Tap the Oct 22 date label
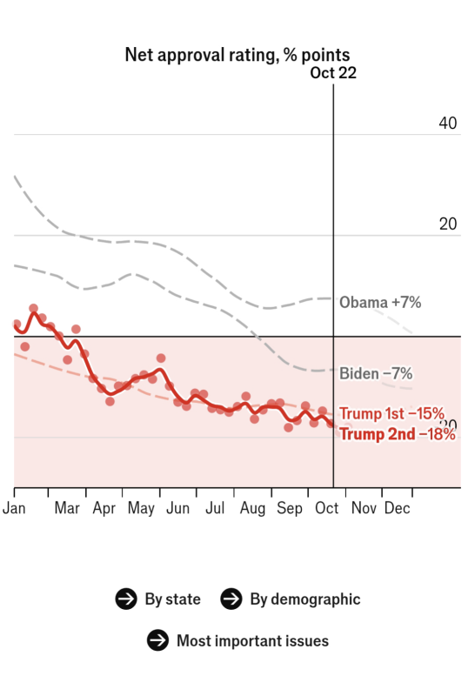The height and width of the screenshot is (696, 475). (333, 73)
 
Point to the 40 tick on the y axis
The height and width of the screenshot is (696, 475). (447, 123)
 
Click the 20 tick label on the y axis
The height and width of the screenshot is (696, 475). (447, 224)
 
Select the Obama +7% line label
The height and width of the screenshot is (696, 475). (380, 302)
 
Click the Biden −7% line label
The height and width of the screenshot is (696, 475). (376, 373)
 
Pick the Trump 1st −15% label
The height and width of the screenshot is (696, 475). (391, 413)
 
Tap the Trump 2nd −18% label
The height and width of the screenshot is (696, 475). (398, 433)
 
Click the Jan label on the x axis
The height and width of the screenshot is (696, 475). (14, 508)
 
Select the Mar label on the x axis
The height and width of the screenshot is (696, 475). (67, 508)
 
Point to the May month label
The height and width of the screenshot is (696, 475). (141, 508)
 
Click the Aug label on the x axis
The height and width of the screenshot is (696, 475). (252, 508)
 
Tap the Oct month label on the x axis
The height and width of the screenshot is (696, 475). (326, 508)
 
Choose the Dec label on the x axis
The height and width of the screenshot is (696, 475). (397, 508)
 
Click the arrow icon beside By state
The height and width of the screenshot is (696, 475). (126, 599)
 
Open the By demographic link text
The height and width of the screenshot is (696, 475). (305, 599)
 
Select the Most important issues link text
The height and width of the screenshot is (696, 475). (252, 641)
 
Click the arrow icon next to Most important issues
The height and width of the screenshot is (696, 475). (157, 640)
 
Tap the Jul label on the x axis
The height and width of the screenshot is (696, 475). (215, 508)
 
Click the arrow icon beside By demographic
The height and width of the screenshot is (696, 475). (231, 599)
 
